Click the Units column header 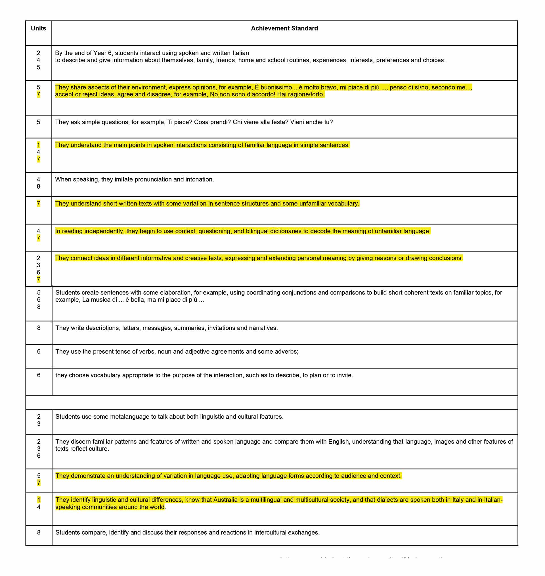pyautogui.click(x=38, y=28)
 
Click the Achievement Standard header pyautogui.click(x=284, y=28)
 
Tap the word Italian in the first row pyautogui.click(x=240, y=53)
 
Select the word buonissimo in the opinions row pyautogui.click(x=276, y=87)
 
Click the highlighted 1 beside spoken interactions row pyautogui.click(x=38, y=145)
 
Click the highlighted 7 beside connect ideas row pyautogui.click(x=38, y=280)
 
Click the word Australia pyautogui.click(x=225, y=500)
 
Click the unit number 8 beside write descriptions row pyautogui.click(x=39, y=328)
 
